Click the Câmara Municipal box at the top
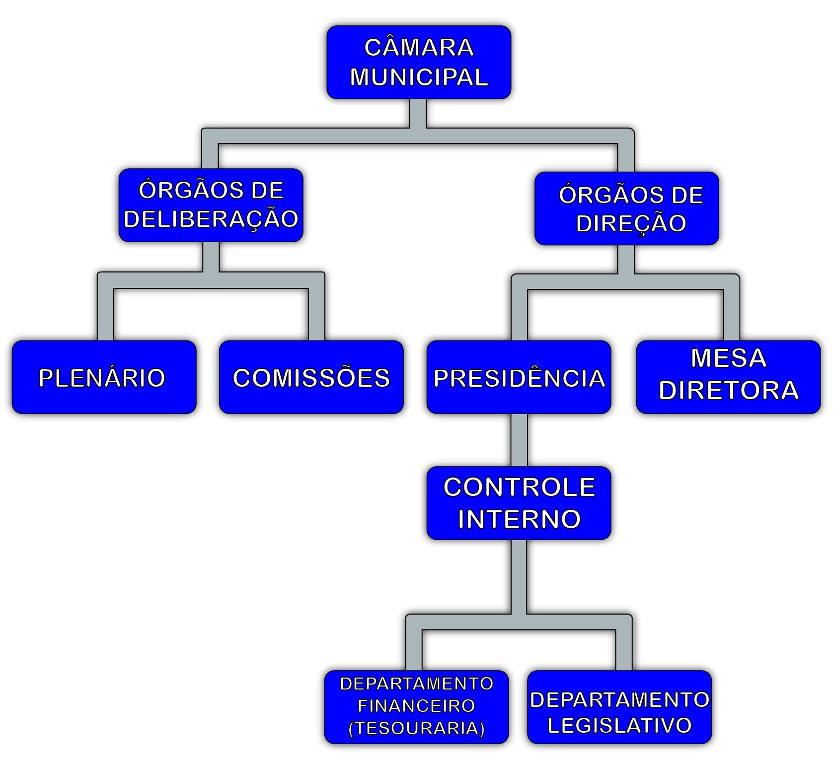(x=418, y=62)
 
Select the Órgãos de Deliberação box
(x=211, y=205)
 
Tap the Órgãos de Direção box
(x=626, y=208)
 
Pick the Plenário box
(x=104, y=377)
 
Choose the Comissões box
(x=311, y=377)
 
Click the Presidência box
(x=519, y=377)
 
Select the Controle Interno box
(x=519, y=503)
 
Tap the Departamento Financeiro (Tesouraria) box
(x=416, y=706)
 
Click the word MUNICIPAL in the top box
(x=419, y=77)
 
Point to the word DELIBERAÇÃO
(x=211, y=219)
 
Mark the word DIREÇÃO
(x=631, y=223)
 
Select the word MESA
(x=728, y=358)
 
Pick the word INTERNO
(x=519, y=519)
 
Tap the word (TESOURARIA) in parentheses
(x=416, y=728)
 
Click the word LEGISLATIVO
(x=619, y=725)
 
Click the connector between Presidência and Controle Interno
(x=519, y=440)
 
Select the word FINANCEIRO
(x=416, y=706)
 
